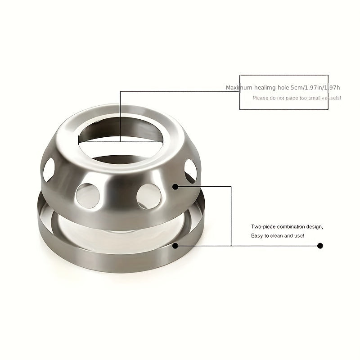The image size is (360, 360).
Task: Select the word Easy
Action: (256, 236)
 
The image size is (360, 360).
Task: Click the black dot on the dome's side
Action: (175, 186)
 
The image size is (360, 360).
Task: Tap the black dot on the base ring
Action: (175, 245)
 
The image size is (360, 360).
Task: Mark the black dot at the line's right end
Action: (320, 246)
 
